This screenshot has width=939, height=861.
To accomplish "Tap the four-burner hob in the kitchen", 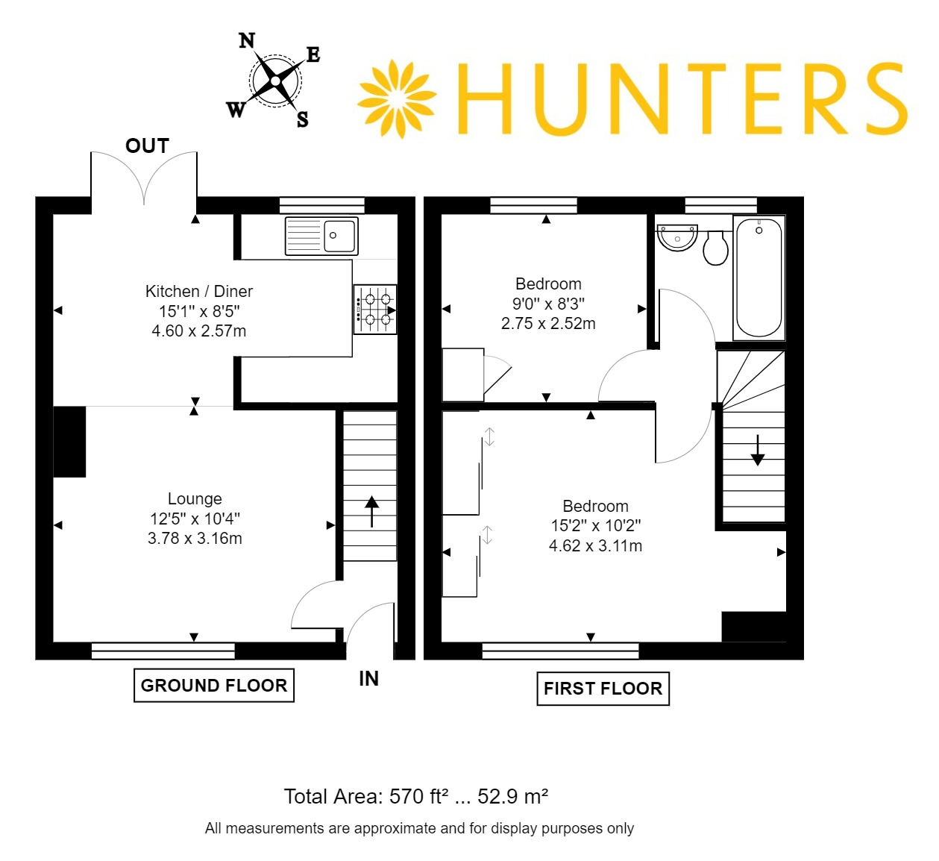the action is (375, 309).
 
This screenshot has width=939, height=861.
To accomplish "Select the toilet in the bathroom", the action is (715, 248).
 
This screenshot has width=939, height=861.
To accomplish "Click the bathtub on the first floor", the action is (759, 278).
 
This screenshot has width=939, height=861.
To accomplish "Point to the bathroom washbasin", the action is (677, 237).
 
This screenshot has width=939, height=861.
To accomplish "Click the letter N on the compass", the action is (247, 41).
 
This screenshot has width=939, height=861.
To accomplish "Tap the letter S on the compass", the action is (302, 119).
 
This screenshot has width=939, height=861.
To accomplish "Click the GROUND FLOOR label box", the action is (214, 686).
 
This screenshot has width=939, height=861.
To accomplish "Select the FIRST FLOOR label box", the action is (603, 688).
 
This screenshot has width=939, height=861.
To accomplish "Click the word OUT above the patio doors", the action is (147, 146).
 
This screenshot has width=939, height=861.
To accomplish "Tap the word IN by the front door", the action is (368, 678).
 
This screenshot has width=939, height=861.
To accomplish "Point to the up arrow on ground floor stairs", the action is (371, 512).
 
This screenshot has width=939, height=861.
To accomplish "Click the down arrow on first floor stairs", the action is (757, 450).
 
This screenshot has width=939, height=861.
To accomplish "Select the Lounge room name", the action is (195, 498).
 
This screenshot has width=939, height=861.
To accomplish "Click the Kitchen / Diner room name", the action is (199, 292).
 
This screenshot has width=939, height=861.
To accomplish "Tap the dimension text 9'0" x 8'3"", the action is (549, 304).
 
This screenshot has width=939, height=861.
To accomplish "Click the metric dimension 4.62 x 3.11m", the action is (595, 545).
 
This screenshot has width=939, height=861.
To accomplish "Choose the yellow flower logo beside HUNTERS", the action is (397, 98).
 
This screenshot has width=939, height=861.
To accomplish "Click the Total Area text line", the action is (416, 796).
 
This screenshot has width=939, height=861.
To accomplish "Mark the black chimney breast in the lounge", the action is (70, 442).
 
